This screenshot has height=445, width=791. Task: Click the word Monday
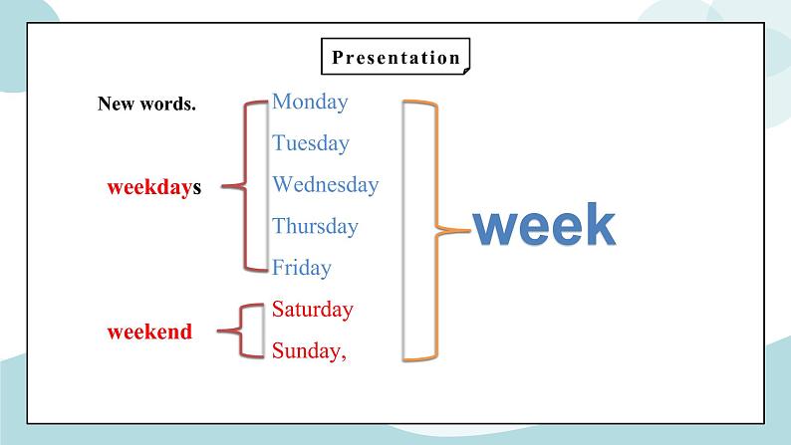(x=310, y=102)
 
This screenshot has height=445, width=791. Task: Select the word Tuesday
(x=311, y=143)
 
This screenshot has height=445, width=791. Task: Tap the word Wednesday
(x=325, y=185)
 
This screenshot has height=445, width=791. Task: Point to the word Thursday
(x=315, y=227)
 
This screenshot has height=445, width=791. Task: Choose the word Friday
(x=302, y=268)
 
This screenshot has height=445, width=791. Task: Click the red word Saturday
(x=312, y=310)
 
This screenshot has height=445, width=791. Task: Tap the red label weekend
(x=149, y=333)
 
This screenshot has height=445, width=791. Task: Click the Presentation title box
(x=395, y=57)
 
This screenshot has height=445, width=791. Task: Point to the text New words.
(x=146, y=104)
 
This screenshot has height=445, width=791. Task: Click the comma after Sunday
(x=344, y=356)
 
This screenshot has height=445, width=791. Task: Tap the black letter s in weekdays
(x=197, y=188)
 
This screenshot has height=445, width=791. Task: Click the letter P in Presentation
(x=337, y=57)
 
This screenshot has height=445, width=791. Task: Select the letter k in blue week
(x=598, y=225)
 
